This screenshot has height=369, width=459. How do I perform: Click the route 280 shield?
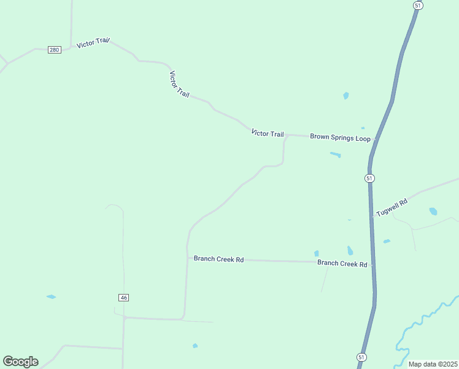tap(55, 49)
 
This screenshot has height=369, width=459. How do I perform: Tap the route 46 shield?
tap(123, 298)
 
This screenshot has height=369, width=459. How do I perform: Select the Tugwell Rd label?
tap(392, 207)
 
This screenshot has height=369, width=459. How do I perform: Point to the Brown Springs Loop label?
tap(340, 138)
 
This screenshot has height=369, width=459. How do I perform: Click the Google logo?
tap(20, 362)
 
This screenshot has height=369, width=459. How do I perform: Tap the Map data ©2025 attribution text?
tap(433, 364)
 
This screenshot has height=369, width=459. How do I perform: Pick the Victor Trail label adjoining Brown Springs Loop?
tap(268, 133)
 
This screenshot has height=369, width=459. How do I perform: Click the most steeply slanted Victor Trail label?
tap(179, 84)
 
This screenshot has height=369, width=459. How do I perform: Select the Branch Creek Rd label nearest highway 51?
tap(342, 263)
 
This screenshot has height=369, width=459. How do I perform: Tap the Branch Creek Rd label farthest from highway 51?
tap(218, 259)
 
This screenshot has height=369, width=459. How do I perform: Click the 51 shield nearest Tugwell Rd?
tap(369, 178)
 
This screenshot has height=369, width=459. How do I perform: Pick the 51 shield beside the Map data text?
tap(361, 357)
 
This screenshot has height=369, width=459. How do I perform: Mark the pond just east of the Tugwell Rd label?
tap(433, 211)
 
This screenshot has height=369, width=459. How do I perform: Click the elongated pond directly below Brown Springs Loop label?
tap(335, 154)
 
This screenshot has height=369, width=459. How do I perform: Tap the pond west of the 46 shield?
tap(51, 297)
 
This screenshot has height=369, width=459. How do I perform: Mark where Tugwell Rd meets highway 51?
tap(372, 216)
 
